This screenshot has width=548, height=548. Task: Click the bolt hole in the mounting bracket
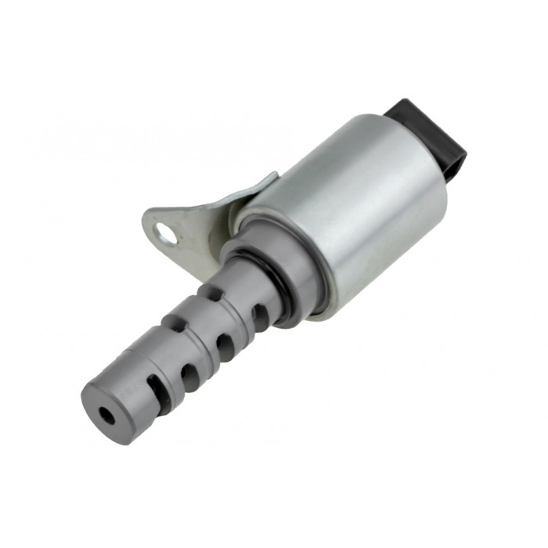click(x=165, y=232)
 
